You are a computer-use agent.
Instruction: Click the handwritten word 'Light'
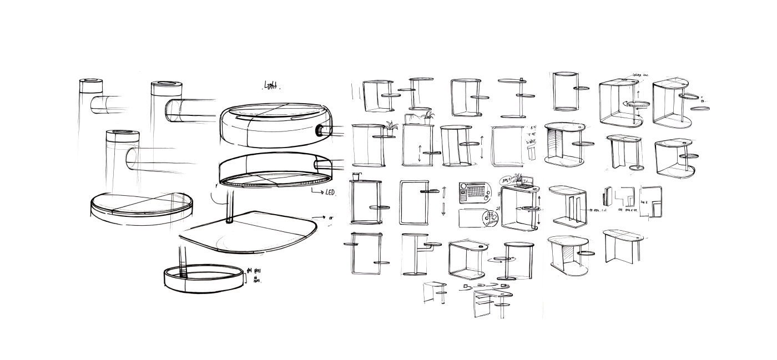click(271, 85)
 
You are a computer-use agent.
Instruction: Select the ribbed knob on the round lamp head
click(321, 131)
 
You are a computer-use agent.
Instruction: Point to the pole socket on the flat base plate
click(230, 220)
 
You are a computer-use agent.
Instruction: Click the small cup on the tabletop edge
click(356, 176)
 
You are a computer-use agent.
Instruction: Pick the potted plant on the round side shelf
click(392, 127)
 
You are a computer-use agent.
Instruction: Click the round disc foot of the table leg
click(637, 168)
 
